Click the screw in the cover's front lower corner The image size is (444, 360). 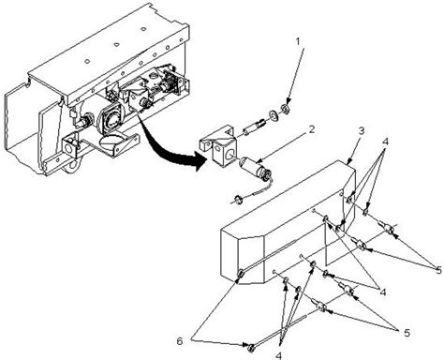pyautogui.click(x=242, y=274)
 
